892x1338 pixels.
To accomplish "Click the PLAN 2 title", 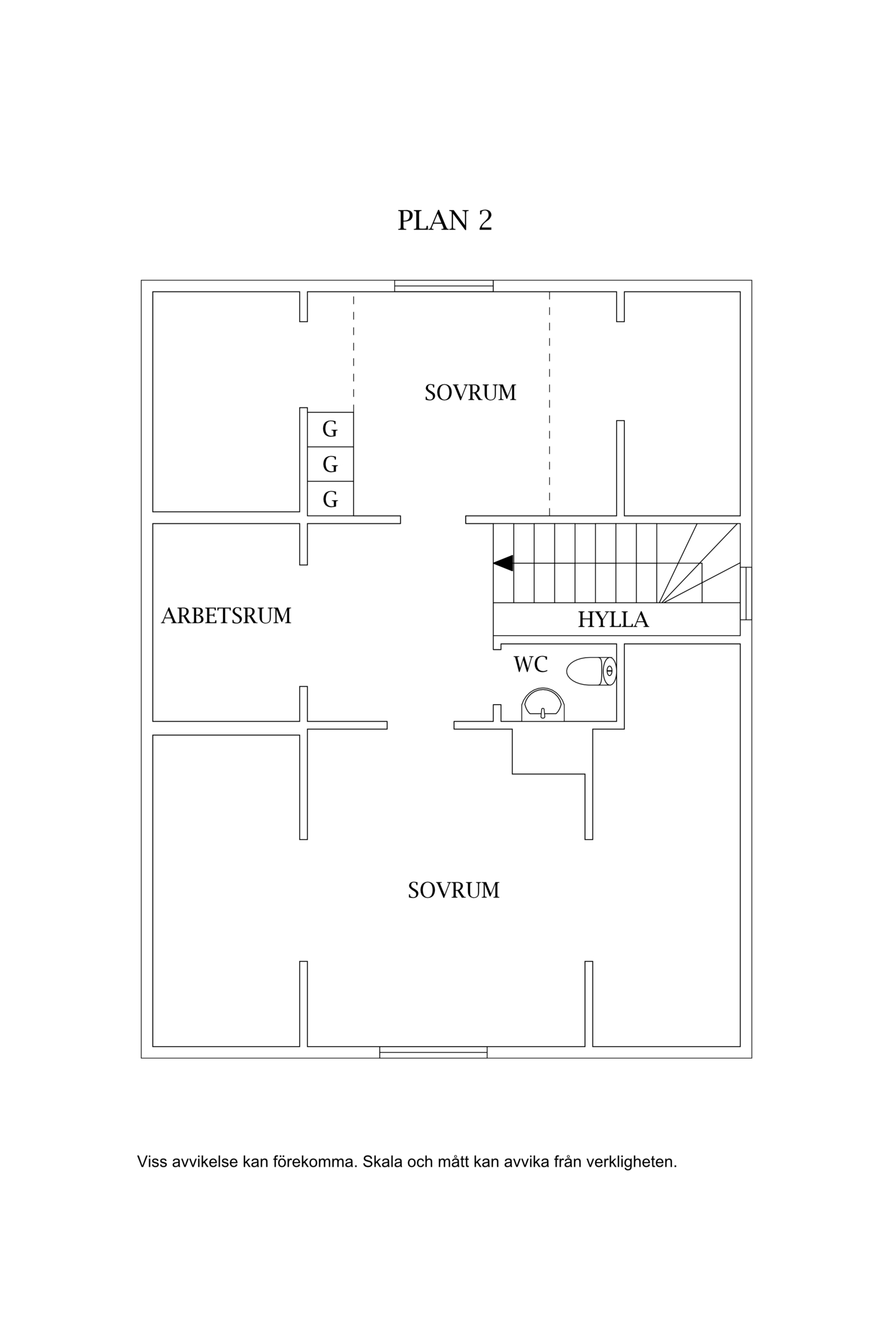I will (x=445, y=221).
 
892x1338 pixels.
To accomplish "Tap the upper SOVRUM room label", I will (x=470, y=393).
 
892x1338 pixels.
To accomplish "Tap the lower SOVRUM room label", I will (x=454, y=890).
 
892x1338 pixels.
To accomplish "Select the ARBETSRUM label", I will (x=227, y=616).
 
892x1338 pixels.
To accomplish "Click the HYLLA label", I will (x=613, y=620).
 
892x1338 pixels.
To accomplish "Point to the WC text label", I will (x=530, y=664).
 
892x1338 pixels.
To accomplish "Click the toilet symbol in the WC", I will (x=591, y=671).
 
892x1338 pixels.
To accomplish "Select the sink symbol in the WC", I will (x=542, y=705).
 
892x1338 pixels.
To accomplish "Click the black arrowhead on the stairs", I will (x=504, y=563).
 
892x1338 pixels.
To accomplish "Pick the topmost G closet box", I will (x=330, y=429).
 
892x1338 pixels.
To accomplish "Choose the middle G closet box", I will (x=330, y=464).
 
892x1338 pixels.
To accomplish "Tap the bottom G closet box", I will (x=330, y=499).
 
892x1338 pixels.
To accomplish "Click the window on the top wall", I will (x=444, y=286).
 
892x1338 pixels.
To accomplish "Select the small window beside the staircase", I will (x=746, y=593).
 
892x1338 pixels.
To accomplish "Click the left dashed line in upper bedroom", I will (x=354, y=351).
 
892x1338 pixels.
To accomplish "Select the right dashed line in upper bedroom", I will (x=549, y=404).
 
